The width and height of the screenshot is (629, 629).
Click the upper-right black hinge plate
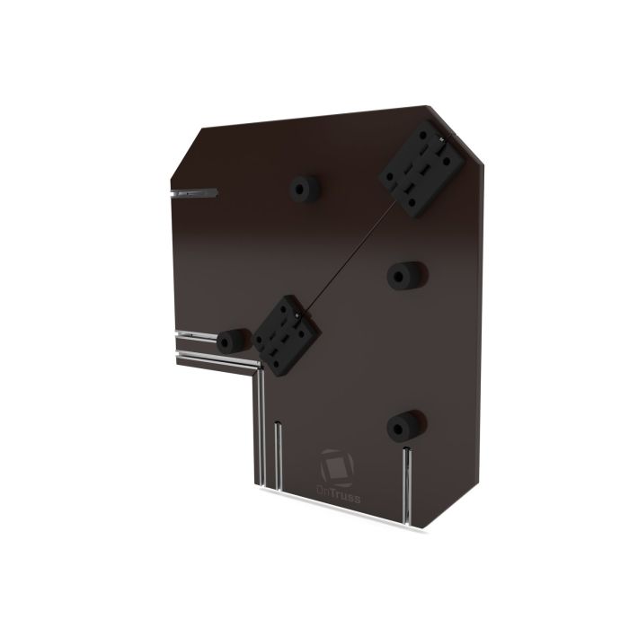(421, 172)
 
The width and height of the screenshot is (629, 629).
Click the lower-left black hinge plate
(286, 335)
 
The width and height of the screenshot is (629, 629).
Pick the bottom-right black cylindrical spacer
(405, 425)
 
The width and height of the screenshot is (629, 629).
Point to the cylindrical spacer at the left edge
(233, 341)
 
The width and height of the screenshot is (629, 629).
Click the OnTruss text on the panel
(335, 490)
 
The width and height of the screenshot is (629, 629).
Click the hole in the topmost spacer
(299, 188)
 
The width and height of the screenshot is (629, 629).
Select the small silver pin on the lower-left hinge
(297, 315)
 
